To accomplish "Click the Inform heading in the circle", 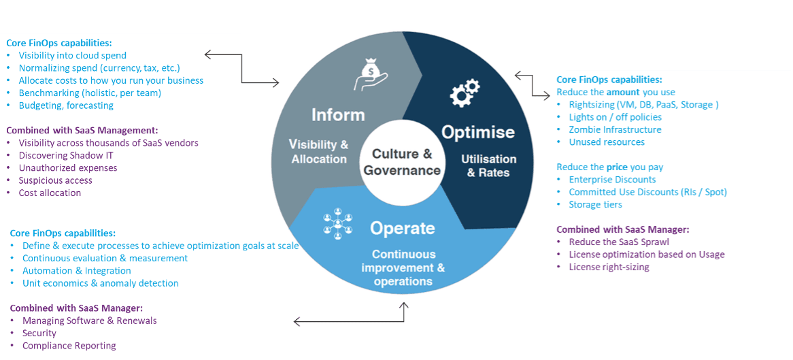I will [338, 114].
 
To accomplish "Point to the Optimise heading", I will [478, 132].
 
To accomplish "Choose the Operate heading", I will [403, 228].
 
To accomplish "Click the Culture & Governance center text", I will [403, 162].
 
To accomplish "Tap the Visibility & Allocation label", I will [319, 152].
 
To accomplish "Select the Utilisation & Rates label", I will [489, 165].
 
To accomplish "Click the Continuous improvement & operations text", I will [403, 268].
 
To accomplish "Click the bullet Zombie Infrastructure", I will [615, 129].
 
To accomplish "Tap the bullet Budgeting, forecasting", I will [66, 105].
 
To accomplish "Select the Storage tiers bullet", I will [596, 204].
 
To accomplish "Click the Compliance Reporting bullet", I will [69, 346].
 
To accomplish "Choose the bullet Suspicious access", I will [55, 180].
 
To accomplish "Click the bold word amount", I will [622, 92].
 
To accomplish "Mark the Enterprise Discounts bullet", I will [612, 180].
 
